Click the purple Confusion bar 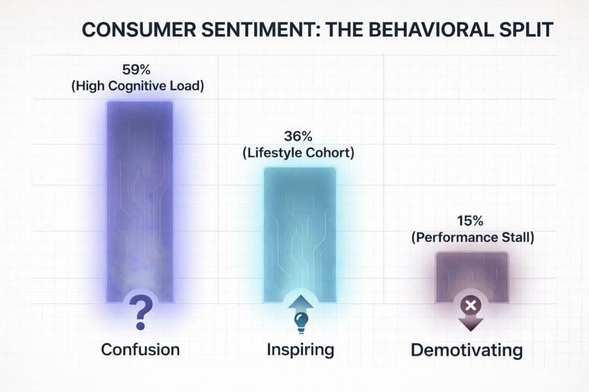pyautogui.click(x=140, y=197)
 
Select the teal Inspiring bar pyautogui.click(x=300, y=230)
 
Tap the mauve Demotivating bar pyautogui.click(x=471, y=274)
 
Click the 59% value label pyautogui.click(x=138, y=71)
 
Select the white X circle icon pyautogui.click(x=470, y=305)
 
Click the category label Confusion pyautogui.click(x=140, y=349)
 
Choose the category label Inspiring pyautogui.click(x=300, y=349)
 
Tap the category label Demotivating pyautogui.click(x=467, y=350)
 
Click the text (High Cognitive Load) pyautogui.click(x=138, y=87)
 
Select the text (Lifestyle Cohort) pyautogui.click(x=298, y=153)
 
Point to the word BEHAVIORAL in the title pyautogui.click(x=420, y=30)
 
